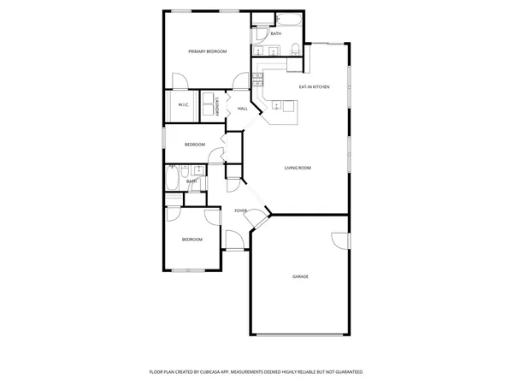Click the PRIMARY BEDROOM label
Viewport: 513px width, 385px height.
(208, 52)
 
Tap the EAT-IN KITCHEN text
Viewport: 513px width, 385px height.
(314, 87)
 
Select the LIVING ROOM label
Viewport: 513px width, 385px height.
(298, 168)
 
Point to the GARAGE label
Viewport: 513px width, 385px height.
(300, 276)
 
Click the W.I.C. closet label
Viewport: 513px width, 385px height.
(183, 105)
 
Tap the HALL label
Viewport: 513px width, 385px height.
(243, 109)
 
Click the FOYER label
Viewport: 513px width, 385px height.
(241, 210)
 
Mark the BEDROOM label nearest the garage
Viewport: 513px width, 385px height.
(192, 240)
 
